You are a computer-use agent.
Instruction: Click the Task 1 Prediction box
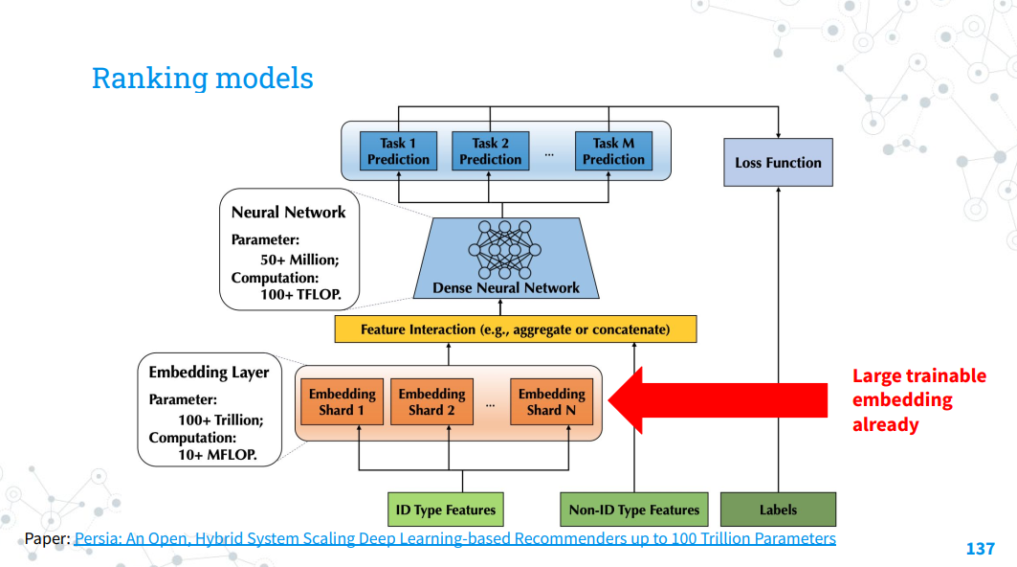click(398, 151)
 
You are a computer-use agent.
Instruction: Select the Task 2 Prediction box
click(491, 151)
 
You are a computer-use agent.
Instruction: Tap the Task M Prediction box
click(613, 151)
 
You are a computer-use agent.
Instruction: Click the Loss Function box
click(779, 163)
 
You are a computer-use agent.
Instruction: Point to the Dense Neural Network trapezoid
click(506, 259)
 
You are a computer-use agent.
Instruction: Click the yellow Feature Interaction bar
click(516, 329)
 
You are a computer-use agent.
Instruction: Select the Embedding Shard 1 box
click(342, 402)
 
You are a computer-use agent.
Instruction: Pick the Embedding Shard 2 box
click(432, 402)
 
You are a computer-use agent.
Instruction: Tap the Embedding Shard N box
click(552, 402)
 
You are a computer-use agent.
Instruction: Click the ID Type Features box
click(446, 510)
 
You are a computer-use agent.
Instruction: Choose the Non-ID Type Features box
click(634, 510)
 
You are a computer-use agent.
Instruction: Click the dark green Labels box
click(779, 510)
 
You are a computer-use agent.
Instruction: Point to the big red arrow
click(718, 400)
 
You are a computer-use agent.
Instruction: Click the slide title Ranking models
click(203, 79)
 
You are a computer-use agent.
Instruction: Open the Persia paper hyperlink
click(454, 538)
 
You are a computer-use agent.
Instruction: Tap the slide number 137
click(980, 549)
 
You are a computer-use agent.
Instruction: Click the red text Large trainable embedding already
click(919, 400)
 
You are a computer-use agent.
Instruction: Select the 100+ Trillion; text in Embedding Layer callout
click(221, 420)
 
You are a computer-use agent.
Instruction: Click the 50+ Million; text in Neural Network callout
click(299, 260)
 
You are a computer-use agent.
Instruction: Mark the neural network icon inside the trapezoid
click(504, 249)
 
